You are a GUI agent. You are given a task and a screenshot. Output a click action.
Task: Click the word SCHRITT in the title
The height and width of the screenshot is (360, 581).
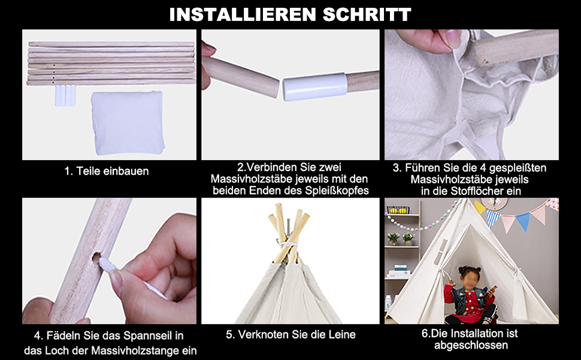coord(367,14)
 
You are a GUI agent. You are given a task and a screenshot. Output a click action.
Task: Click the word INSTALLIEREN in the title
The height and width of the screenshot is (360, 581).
coord(243,14)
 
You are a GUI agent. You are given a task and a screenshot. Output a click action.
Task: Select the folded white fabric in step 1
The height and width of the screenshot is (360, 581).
coord(128,122)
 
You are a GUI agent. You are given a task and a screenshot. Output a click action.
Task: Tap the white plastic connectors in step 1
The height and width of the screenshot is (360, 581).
coord(65,95)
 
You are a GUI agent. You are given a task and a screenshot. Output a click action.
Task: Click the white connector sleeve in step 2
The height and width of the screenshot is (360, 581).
coord(315,86)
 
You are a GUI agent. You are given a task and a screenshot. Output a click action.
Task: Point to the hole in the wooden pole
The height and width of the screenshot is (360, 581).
coord(96,257)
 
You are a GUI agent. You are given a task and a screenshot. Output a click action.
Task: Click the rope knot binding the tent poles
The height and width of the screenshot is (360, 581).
coord(287,244)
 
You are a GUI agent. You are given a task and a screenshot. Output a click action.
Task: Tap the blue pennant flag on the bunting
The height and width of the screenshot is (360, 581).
coord(523,221)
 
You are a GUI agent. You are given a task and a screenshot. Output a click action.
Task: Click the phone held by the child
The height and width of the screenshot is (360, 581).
coord(492,289)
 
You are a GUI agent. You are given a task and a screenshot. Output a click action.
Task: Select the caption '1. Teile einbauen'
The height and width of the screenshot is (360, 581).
coord(107,171)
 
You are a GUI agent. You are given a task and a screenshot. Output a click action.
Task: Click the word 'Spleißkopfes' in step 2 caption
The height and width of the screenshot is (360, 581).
coord(337,191)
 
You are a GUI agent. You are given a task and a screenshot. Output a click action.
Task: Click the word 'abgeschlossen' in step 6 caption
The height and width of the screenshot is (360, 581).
coord(471,345)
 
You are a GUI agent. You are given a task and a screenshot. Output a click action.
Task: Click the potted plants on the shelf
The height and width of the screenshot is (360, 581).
coord(401,239)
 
